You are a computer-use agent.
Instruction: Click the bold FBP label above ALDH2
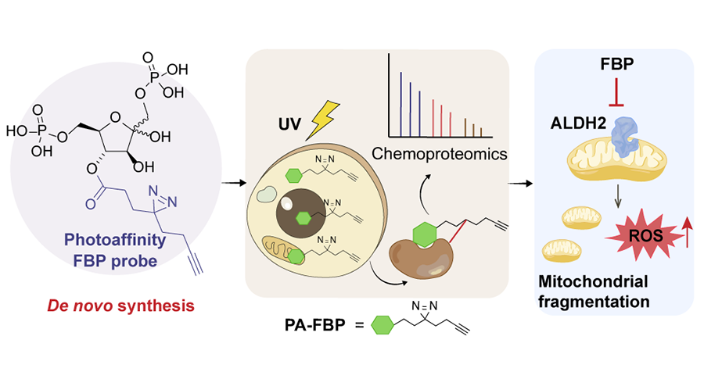coord(609,63)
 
